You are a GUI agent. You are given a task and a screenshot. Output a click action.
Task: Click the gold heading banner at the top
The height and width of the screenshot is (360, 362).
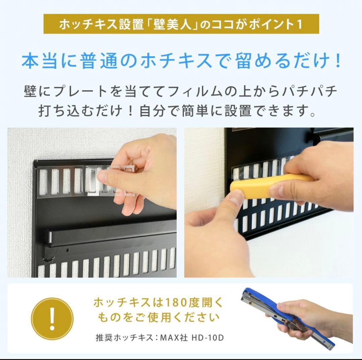181,24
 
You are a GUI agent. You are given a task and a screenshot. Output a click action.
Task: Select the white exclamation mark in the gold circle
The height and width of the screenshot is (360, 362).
52,317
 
